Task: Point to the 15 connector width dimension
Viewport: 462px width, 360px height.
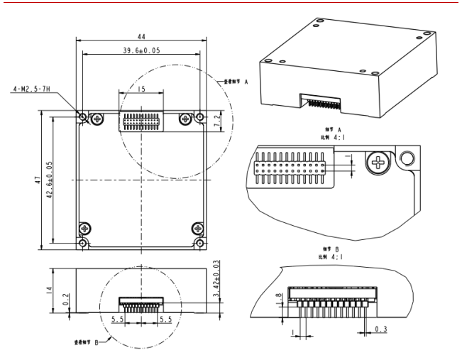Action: point(141,89)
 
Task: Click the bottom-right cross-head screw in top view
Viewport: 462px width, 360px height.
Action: point(197,228)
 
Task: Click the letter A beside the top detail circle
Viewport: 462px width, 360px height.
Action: point(246,82)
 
